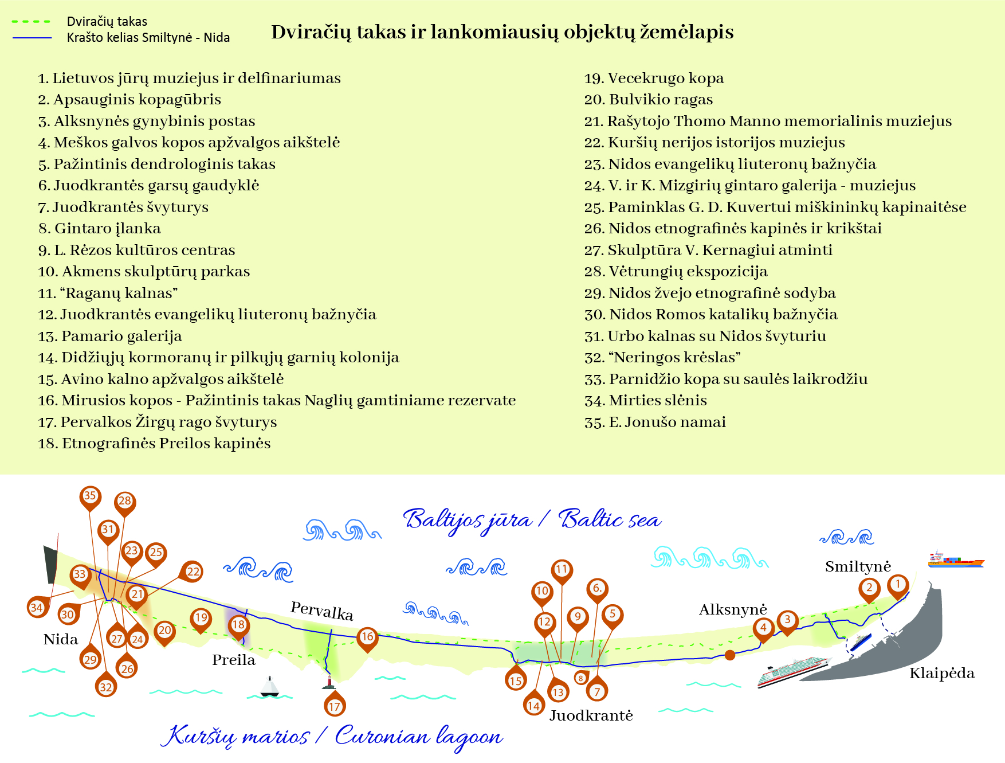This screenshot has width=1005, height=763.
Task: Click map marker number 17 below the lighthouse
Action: [335, 706]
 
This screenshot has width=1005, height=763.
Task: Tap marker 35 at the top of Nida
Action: [90, 496]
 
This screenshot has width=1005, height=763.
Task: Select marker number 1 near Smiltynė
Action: [898, 585]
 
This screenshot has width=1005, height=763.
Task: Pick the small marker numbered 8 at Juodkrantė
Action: [581, 678]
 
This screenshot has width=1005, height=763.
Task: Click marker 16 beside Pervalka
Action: [367, 637]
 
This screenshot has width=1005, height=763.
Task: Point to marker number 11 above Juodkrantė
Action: [562, 570]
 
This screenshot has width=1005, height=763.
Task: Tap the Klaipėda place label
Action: [941, 673]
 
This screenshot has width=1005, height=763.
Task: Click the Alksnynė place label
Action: [732, 609]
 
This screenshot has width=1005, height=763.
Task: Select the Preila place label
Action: [233, 660]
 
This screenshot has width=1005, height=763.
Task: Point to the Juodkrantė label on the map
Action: [591, 715]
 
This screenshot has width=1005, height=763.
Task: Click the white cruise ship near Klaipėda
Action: [793, 671]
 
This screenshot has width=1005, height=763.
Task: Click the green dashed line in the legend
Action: [32, 22]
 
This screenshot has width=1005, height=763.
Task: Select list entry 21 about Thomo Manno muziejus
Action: [768, 122]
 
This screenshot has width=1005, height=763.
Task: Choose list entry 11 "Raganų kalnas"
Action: [108, 294]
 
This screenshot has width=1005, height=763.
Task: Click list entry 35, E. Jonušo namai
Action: [655, 422]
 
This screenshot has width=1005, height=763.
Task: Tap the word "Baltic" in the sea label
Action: [591, 519]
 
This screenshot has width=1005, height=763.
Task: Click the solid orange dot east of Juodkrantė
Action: [730, 655]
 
